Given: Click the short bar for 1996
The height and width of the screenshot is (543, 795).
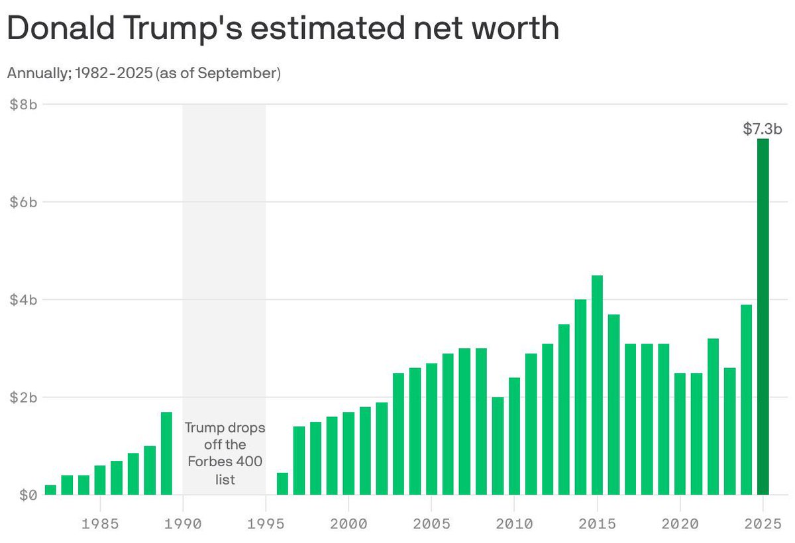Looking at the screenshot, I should (x=282, y=483).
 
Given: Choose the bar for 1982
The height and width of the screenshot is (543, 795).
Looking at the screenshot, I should (x=50, y=490).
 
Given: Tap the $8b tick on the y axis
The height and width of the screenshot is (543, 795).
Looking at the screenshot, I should (x=23, y=105).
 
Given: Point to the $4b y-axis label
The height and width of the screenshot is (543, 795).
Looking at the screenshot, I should (x=23, y=300).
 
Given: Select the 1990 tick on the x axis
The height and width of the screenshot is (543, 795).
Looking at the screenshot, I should (x=183, y=524).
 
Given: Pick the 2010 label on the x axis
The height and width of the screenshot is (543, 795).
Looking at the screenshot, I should (x=514, y=524).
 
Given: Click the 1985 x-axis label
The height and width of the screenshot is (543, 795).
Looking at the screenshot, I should (x=100, y=524).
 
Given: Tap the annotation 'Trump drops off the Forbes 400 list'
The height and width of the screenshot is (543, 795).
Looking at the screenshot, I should (x=225, y=454).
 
